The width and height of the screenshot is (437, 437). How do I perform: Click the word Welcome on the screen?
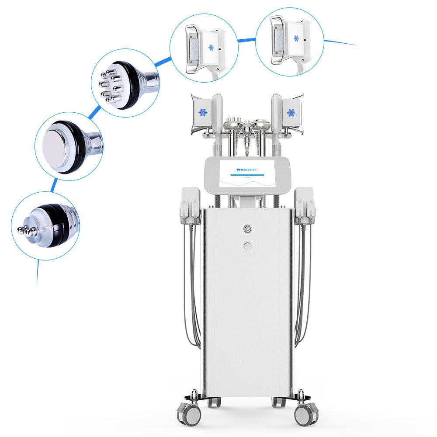tap(247, 170)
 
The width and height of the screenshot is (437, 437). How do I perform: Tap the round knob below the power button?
tap(248, 246)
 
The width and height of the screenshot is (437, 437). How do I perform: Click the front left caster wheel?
tap(188, 413)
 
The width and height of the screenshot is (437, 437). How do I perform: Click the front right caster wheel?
tap(307, 413)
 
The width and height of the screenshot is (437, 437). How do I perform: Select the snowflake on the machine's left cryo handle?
tap(203, 112)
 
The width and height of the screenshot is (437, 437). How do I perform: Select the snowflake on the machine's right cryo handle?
tap(291, 112)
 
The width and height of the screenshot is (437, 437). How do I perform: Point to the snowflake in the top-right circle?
tap(296, 38)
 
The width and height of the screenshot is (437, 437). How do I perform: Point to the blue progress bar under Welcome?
tap(247, 176)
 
